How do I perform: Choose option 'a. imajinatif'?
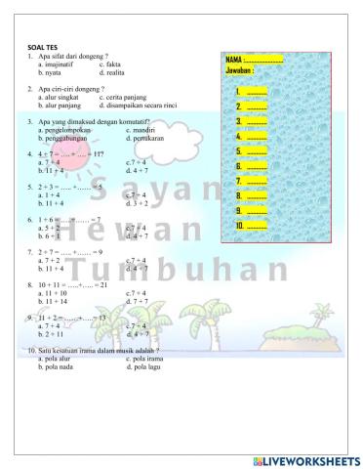pos(60,64)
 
